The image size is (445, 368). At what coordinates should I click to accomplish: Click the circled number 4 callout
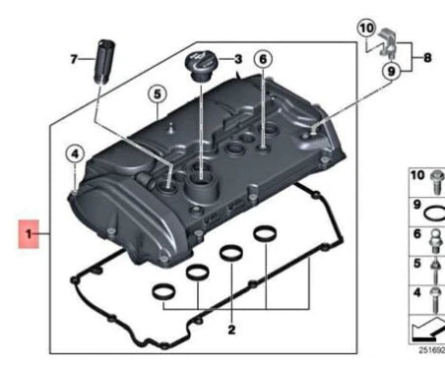pos(75,153)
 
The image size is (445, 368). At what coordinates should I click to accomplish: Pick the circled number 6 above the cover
pos(263,59)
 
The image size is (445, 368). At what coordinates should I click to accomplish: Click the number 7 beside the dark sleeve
pos(73,59)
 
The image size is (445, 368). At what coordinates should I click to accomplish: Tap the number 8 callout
pos(427,58)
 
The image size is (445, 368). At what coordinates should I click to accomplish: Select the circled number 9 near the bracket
pos(392,71)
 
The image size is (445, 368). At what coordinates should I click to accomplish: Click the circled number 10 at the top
pos(365,31)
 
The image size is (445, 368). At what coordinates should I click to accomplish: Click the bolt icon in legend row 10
pos(435,180)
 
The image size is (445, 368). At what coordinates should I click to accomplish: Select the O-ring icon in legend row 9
pos(436,208)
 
